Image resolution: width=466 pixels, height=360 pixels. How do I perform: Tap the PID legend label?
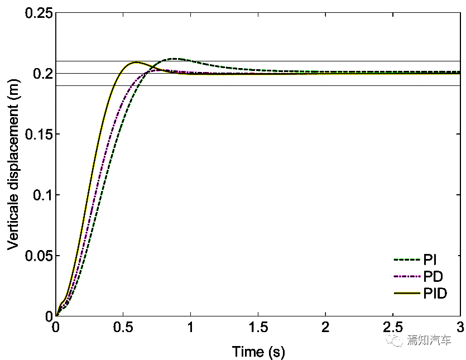[435, 293]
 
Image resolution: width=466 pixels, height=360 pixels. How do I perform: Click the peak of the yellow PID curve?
[136, 63]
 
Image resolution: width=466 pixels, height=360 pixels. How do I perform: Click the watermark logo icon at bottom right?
[398, 340]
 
